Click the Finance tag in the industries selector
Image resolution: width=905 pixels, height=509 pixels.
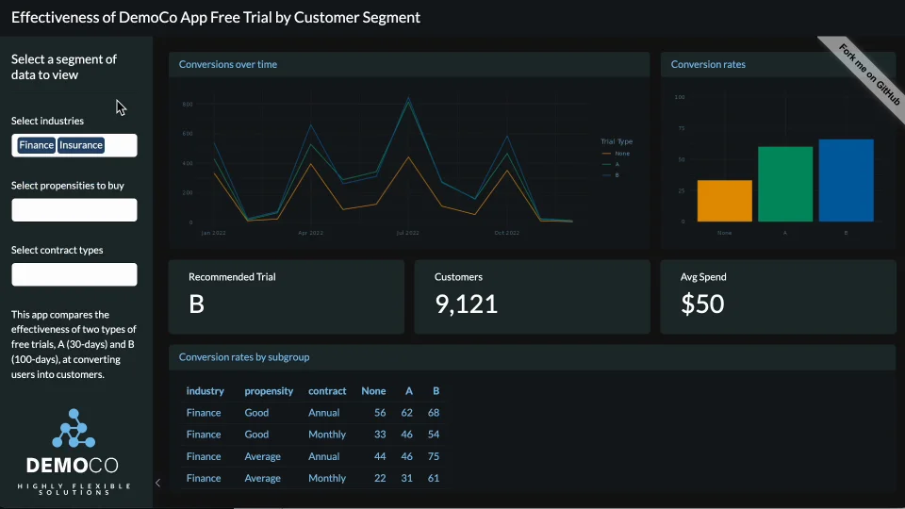[37, 145]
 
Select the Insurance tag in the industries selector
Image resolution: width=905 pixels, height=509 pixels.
[81, 145]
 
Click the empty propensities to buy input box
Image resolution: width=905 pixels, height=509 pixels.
[74, 210]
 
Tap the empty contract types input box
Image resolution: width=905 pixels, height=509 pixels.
[74, 274]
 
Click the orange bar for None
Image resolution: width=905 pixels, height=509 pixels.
[725, 201]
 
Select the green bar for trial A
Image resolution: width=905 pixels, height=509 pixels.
[785, 184]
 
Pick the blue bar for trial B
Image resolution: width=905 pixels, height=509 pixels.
[846, 180]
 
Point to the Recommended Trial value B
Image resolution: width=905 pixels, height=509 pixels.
[196, 304]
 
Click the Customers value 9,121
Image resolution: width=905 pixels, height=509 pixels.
[466, 304]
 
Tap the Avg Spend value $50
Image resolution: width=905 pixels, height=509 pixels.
[702, 304]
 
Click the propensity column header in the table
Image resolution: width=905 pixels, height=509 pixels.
[269, 391]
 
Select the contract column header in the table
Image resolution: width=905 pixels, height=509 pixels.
[327, 391]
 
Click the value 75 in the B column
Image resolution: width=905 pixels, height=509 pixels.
[434, 456]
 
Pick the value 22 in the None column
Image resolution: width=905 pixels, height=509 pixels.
[380, 478]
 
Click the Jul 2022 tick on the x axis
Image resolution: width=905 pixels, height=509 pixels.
[407, 232]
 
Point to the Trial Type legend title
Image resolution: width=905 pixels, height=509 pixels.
[617, 141]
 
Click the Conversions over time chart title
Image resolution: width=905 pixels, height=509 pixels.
[228, 64]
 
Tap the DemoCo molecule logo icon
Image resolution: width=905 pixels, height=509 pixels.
[74, 429]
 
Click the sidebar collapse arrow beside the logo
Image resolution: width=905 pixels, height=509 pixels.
[157, 483]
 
